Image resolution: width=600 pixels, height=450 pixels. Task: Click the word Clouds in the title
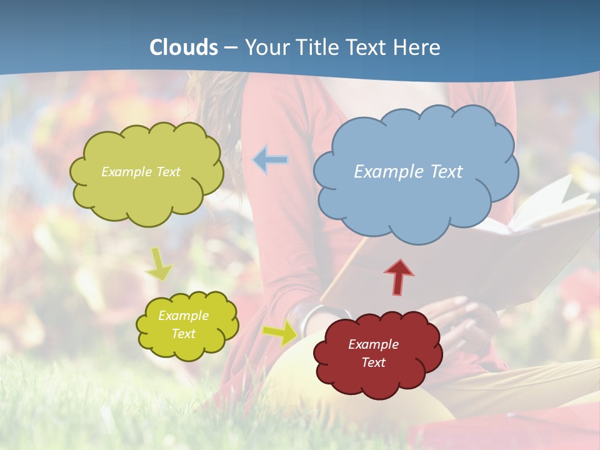tap(184, 47)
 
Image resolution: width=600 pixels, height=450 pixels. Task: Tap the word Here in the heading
tap(418, 47)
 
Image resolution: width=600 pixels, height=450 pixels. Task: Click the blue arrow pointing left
tap(271, 160)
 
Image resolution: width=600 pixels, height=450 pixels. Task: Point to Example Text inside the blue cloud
tap(408, 172)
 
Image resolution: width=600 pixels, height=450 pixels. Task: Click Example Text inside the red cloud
tap(373, 353)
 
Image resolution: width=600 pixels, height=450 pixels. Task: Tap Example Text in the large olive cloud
tap(141, 172)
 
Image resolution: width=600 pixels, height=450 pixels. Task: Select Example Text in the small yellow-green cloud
tap(183, 324)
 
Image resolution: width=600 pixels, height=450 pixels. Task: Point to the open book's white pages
tap(550, 206)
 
